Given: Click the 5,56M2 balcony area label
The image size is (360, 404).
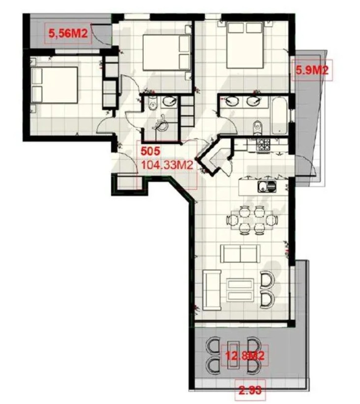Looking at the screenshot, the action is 68,33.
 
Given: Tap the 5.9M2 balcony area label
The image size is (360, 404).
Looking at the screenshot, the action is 312,70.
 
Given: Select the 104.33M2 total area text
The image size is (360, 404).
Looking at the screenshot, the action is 167,165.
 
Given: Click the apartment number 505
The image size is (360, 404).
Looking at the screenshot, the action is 150,151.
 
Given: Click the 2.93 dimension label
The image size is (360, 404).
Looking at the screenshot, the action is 250,390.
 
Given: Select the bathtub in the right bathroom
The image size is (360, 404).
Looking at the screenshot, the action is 279,115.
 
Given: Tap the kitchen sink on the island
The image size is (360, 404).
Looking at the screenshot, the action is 267,186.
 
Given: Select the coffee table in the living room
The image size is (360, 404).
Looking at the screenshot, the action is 240,290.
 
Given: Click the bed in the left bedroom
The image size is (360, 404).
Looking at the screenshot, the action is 54,85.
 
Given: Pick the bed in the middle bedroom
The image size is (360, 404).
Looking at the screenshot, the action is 167,52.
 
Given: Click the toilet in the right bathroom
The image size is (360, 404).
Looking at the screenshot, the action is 257,127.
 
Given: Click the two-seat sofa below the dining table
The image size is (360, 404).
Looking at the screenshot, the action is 240,254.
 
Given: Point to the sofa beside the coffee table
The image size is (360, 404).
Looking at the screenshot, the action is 212,290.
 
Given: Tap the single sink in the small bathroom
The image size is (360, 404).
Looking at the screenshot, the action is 170,102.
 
